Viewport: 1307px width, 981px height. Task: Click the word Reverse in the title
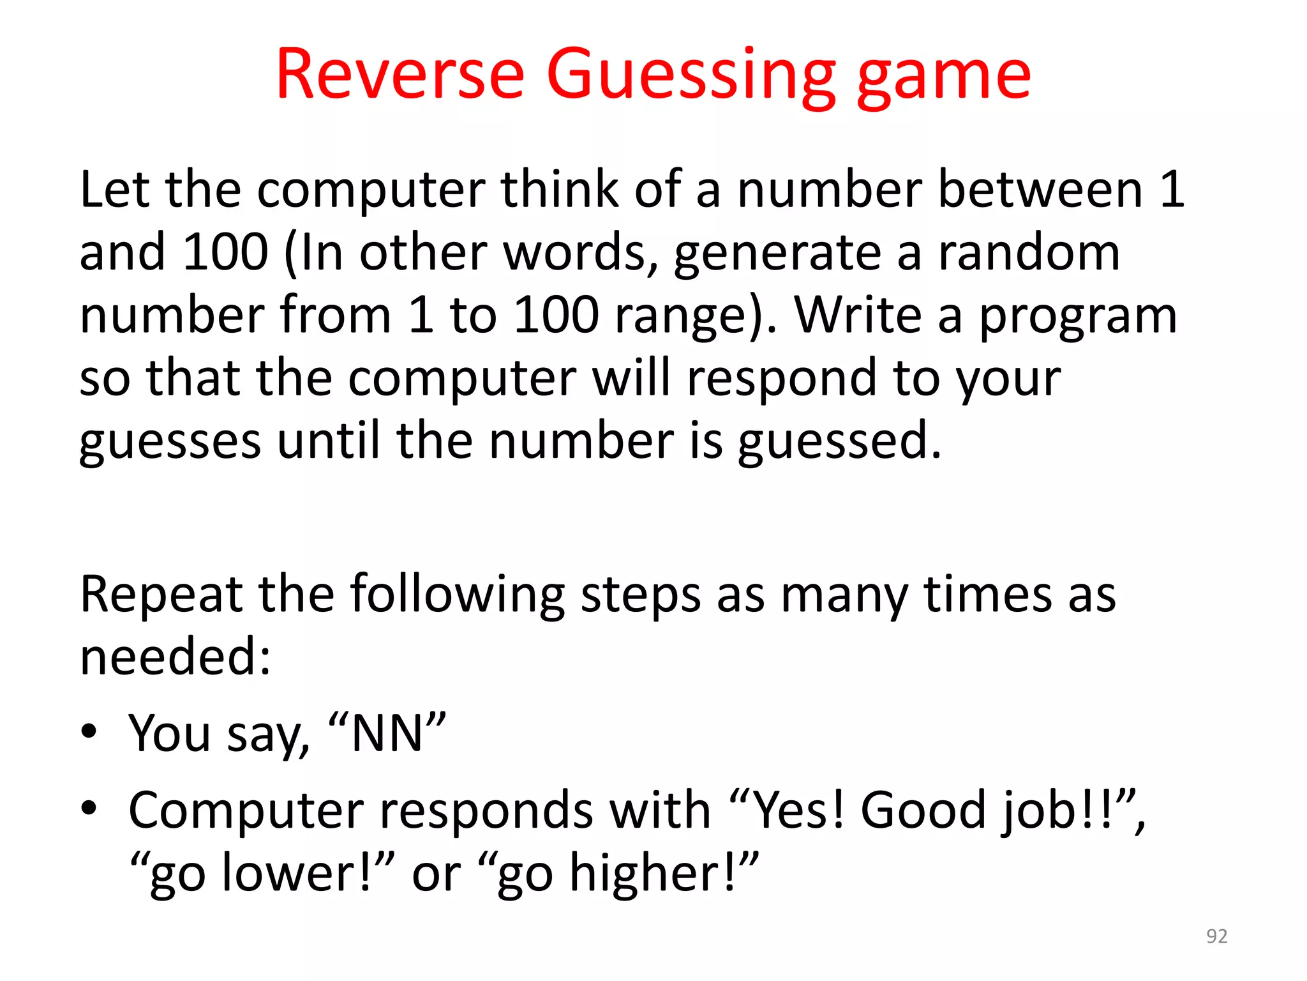[400, 75]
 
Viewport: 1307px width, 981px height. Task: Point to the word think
[560, 190]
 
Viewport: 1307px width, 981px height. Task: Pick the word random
[1029, 252]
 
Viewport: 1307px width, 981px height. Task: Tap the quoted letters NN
[387, 734]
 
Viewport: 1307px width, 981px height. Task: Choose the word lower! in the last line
[296, 873]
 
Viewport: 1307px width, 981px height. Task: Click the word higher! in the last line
[652, 873]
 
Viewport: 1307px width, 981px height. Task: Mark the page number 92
[1216, 936]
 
